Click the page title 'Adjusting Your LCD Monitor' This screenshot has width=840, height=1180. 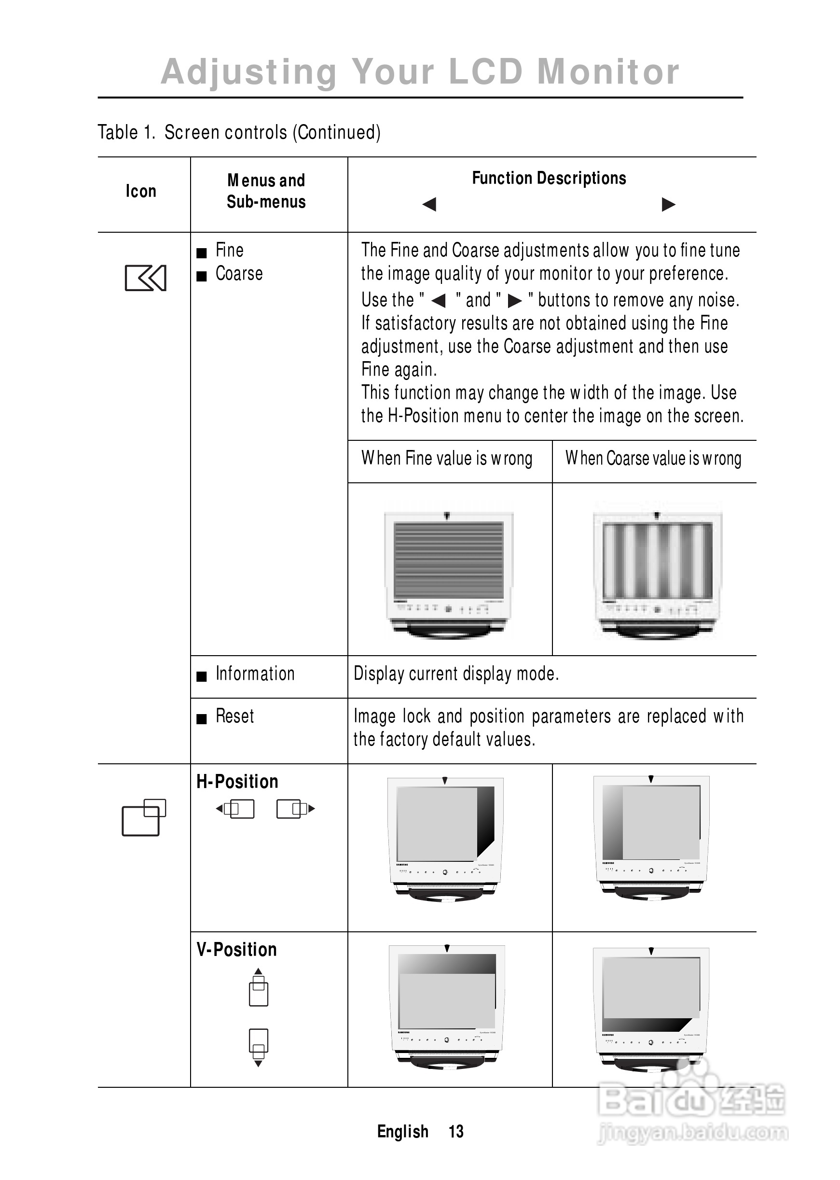[419, 71]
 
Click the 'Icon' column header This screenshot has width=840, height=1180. [141, 192]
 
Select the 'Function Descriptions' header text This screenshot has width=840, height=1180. [549, 179]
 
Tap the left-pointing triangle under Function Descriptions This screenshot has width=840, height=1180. [429, 204]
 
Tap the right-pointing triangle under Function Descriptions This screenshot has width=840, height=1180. [668, 204]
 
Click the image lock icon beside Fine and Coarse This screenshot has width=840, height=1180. [145, 278]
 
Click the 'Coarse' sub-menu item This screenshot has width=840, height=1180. [239, 274]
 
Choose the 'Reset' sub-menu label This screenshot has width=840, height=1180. [235, 716]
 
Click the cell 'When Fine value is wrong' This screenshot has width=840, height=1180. [447, 459]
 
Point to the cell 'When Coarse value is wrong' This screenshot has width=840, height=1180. [653, 459]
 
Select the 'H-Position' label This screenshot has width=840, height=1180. [237, 782]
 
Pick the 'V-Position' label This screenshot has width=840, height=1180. [236, 950]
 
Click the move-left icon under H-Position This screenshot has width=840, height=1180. [235, 809]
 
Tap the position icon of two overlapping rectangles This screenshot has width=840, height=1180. [144, 818]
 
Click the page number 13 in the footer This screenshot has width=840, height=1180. [455, 1131]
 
